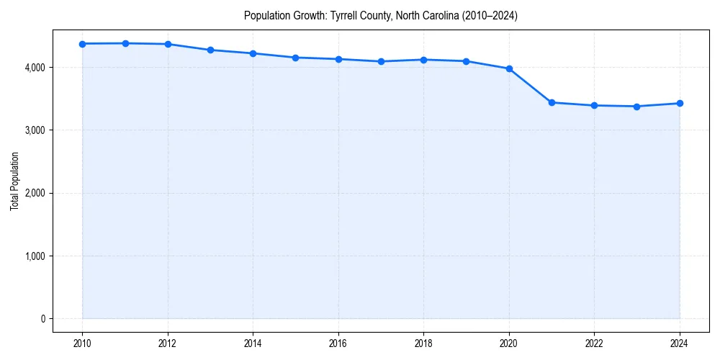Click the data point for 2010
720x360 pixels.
pos(83,44)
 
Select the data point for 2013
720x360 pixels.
pos(210,50)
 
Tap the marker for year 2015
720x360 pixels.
pos(296,58)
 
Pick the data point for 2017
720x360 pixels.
pos(381,61)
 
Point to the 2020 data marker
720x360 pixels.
pos(509,68)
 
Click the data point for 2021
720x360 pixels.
pos(552,102)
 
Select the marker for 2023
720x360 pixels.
pos(637,107)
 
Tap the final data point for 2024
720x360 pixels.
pos(680,103)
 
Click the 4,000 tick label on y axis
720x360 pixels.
pos(34,68)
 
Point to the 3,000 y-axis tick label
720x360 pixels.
pos(34,130)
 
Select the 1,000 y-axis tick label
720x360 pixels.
pos(34,256)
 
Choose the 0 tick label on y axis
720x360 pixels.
pos(42,319)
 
